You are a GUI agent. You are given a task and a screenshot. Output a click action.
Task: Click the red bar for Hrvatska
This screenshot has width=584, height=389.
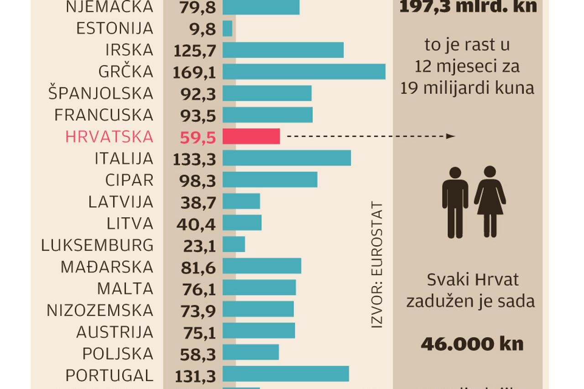pyautogui.click(x=251, y=137)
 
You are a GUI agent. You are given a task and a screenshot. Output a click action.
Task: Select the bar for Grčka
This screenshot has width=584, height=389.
pyautogui.click(x=304, y=72)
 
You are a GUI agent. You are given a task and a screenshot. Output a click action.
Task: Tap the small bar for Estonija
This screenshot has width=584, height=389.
pyautogui.click(x=227, y=28)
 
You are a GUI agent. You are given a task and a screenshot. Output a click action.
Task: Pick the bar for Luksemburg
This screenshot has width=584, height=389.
pyautogui.click(x=234, y=244)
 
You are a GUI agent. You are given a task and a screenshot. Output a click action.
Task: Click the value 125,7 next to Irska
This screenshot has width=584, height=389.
pyautogui.click(x=195, y=50)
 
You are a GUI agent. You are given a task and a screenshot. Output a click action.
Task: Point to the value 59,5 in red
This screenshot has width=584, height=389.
pyautogui.click(x=198, y=137)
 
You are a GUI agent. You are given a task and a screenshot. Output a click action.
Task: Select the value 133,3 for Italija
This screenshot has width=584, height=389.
pyautogui.click(x=195, y=159)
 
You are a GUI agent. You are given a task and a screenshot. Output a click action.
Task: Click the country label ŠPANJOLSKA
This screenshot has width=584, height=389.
pyautogui.click(x=101, y=94)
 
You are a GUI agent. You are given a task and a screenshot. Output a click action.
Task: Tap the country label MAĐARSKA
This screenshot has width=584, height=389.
pyautogui.click(x=107, y=267)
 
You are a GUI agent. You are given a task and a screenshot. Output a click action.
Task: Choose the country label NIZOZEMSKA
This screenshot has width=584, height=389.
pyautogui.click(x=100, y=310)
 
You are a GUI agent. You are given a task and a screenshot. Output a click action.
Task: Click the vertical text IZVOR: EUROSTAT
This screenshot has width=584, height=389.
pyautogui.click(x=376, y=265)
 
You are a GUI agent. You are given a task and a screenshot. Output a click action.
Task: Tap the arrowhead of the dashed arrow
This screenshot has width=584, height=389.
pyautogui.click(x=451, y=136)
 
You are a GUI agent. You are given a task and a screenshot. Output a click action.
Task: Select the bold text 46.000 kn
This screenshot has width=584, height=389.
pyautogui.click(x=472, y=344)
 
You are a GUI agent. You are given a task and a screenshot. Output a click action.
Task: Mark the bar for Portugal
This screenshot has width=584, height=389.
pyautogui.click(x=286, y=373)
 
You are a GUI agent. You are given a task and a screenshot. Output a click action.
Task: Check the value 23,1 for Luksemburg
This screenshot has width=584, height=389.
pyautogui.click(x=198, y=246)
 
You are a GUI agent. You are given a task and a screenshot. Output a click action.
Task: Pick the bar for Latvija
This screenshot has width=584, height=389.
pyautogui.click(x=241, y=201)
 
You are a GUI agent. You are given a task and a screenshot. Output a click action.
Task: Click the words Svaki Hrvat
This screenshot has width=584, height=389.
pyautogui.click(x=473, y=279)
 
